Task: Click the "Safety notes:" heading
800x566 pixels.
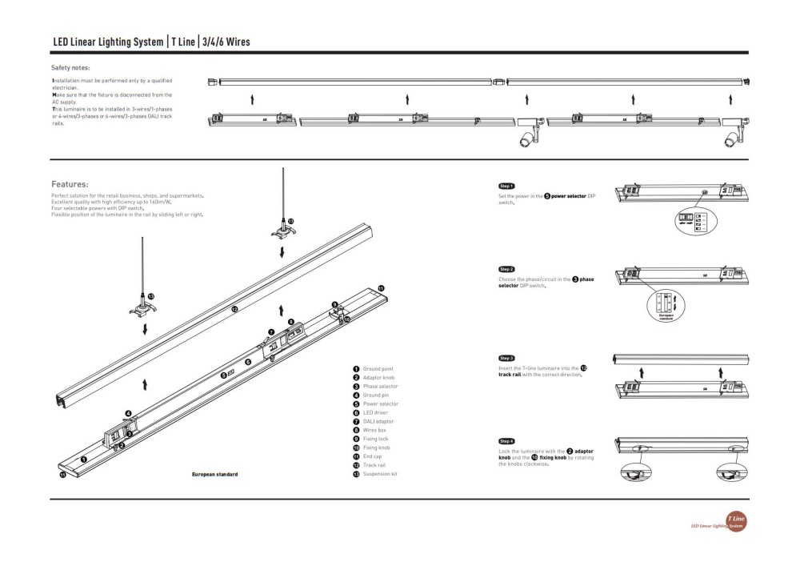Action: pos(70,68)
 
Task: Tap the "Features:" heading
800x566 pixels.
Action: pos(70,183)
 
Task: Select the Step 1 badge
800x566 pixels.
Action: pos(506,186)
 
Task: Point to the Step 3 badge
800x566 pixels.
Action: pos(506,358)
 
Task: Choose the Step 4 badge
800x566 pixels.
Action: pos(506,441)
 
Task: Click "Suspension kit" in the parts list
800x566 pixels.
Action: pos(380,474)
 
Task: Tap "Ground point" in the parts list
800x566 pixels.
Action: pos(378,369)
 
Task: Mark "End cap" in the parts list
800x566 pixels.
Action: pos(372,456)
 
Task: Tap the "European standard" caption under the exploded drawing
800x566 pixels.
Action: pos(214,475)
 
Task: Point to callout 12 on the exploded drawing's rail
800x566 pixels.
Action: pos(234,308)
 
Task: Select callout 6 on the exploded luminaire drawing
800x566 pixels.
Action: pos(248,363)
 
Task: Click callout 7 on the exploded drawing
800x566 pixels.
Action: pos(271,331)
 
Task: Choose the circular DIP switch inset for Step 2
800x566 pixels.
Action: pos(666,306)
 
